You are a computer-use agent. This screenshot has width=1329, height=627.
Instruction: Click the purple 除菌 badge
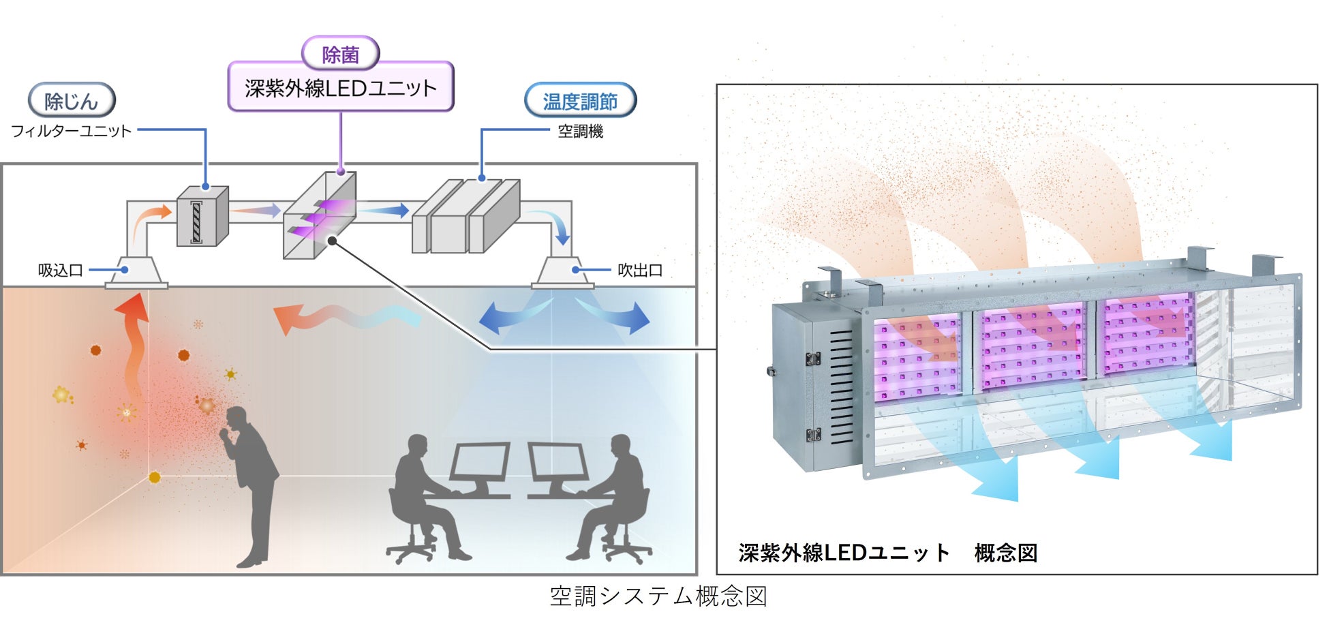coord(340,54)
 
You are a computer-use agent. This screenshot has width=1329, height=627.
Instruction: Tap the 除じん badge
coord(72,101)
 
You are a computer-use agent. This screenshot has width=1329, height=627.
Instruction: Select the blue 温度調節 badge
coord(580,101)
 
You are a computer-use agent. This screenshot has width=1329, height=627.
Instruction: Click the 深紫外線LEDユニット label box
coord(340,87)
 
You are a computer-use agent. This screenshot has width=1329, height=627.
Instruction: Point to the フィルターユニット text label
coord(71,131)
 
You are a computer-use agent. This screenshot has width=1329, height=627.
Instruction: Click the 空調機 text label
coord(580,131)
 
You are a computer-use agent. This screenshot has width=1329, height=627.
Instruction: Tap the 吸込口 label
coord(60,271)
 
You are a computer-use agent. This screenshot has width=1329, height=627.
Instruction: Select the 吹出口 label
coord(640,271)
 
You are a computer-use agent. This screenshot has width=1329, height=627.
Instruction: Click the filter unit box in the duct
coord(202,217)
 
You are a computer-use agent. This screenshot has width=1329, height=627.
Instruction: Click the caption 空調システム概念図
coord(658,596)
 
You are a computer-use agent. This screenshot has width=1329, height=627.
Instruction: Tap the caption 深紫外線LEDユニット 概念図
coord(887,552)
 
